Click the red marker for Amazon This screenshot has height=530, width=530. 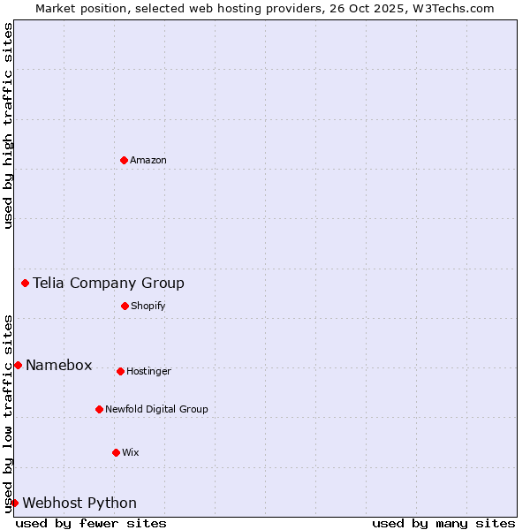click(125, 160)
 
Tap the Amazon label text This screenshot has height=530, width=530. click(148, 160)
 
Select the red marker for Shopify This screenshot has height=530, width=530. click(125, 306)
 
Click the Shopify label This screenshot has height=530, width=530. click(148, 306)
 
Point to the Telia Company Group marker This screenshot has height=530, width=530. click(26, 283)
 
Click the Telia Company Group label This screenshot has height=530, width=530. click(109, 283)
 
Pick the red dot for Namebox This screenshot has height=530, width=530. click(18, 365)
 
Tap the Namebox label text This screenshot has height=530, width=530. click(59, 366)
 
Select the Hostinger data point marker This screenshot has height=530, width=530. click(120, 371)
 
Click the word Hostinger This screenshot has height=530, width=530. click(148, 371)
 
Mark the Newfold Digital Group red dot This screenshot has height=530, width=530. click(99, 409)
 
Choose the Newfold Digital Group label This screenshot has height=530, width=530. click(156, 409)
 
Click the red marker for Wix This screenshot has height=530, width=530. click(116, 452)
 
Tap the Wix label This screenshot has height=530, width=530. click(131, 452)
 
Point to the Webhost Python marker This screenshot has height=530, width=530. click(14, 503)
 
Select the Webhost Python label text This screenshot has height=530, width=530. click(79, 503)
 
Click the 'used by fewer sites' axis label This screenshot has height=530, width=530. click(91, 523)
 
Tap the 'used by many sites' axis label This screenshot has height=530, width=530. click(443, 523)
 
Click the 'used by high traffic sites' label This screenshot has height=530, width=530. click(8, 125)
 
